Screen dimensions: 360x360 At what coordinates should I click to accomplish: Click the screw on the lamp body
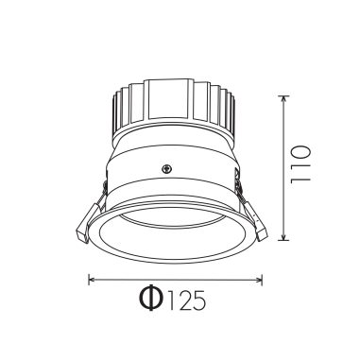tap(167, 170)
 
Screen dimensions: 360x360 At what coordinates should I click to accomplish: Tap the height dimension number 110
tap(301, 168)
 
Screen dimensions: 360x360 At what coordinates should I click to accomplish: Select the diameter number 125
tap(186, 301)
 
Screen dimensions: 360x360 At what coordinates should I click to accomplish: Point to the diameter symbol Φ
tap(150, 300)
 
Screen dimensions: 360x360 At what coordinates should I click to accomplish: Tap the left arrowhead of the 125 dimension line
tap(92, 279)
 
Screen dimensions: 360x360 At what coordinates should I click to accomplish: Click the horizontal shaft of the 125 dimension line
tap(175, 279)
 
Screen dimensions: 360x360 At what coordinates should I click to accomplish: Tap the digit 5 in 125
tap(199, 301)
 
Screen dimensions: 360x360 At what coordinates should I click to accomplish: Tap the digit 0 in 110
tap(301, 154)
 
